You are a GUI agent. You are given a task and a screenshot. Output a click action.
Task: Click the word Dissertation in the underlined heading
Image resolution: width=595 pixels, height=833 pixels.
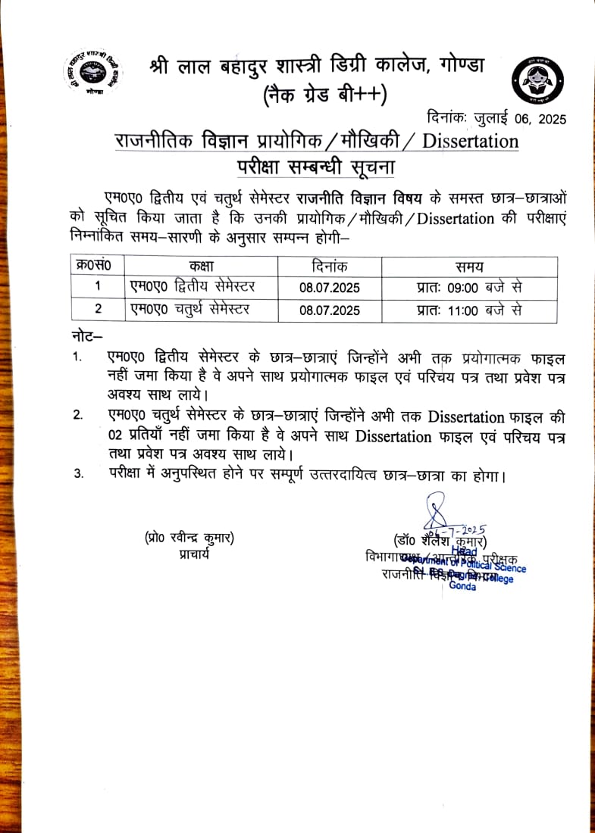pos(470,141)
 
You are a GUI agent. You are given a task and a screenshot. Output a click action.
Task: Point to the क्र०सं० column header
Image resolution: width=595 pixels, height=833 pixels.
pos(95,267)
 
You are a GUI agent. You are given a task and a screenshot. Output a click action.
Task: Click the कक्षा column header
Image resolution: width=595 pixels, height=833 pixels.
pos(202,267)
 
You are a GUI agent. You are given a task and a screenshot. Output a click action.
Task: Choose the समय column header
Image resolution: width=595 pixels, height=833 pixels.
pos(469,267)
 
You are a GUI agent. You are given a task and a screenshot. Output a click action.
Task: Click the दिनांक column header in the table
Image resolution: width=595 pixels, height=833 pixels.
pos(330,267)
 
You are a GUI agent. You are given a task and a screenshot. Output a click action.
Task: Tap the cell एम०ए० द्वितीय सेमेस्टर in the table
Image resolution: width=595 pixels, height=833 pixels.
pos(193,288)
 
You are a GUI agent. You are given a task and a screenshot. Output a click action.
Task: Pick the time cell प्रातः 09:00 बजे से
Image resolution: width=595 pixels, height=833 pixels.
pos(469,288)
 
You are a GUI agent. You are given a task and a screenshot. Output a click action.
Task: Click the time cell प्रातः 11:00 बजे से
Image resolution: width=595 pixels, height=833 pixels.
pos(469,310)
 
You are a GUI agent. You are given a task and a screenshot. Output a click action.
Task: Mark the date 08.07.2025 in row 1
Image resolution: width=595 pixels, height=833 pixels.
pos(330,288)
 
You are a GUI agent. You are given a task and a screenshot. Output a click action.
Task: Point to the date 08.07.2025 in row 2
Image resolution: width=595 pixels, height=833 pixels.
pos(330,310)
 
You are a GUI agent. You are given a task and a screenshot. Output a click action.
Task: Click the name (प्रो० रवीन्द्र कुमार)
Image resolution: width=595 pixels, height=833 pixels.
pos(189,539)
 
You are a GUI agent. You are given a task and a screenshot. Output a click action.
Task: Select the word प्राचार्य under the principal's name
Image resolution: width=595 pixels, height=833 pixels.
pos(189,554)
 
